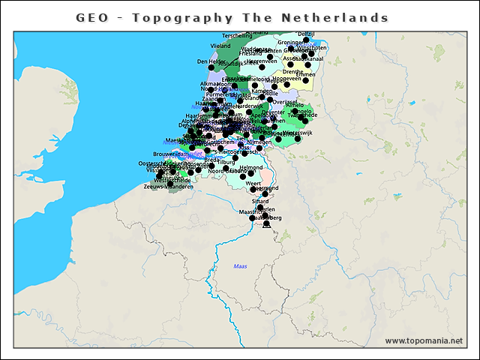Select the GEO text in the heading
pyautogui.click(x=91, y=17)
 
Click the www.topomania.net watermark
pyautogui.click(x=424, y=340)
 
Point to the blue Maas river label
pyautogui.click(x=240, y=266)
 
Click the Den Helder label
pyautogui.click(x=211, y=61)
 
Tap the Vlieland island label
pyautogui.click(x=220, y=46)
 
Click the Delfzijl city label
pyautogui.click(x=306, y=34)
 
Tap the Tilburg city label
pyautogui.click(x=226, y=162)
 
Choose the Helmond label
pyautogui.click(x=252, y=168)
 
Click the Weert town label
pyautogui.click(x=253, y=183)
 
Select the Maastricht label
pyautogui.click(x=249, y=212)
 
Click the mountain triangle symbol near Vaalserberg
pyautogui.click(x=266, y=223)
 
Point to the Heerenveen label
pyautogui.click(x=262, y=61)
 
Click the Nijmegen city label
pyautogui.click(x=259, y=142)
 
